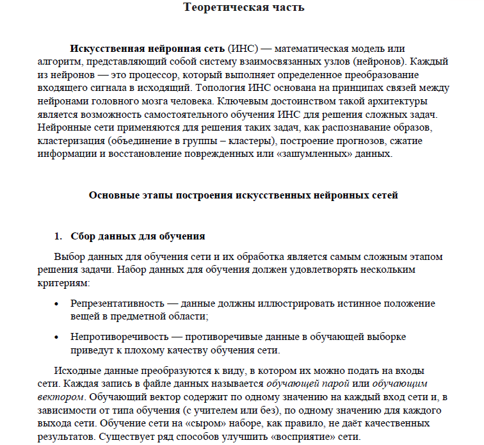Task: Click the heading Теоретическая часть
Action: coord(243,8)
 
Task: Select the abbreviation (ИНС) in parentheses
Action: coord(243,49)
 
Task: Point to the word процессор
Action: coord(140,75)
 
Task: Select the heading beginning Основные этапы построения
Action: coord(243,195)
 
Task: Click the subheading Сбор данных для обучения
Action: coord(138,236)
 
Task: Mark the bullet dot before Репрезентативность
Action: coord(59,303)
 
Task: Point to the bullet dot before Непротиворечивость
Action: coord(59,337)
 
